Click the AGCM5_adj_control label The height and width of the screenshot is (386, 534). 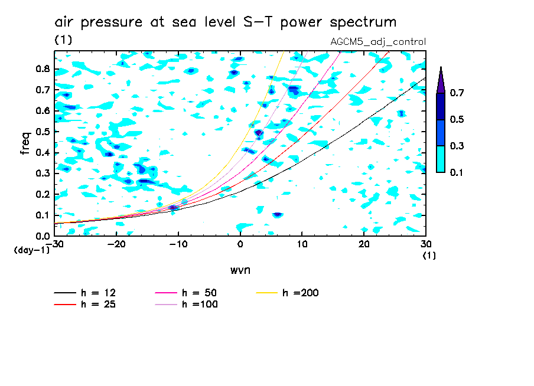click(378, 42)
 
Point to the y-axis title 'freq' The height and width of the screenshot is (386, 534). click(25, 143)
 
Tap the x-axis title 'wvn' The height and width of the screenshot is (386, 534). click(240, 270)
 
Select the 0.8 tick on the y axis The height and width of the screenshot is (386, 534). click(42, 68)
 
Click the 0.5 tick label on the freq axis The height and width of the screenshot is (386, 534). click(42, 131)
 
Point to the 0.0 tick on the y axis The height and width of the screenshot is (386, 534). click(42, 236)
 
